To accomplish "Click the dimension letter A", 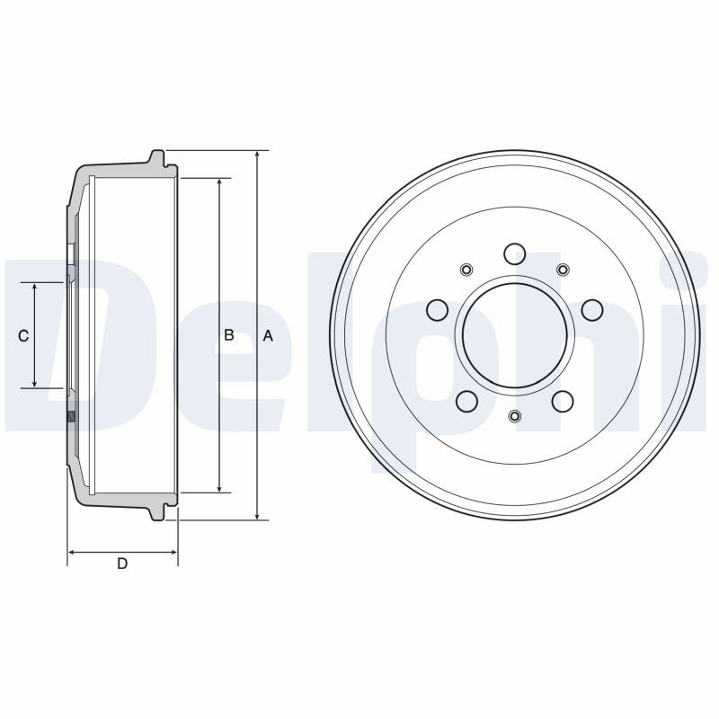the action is coord(268,336).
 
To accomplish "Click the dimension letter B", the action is coord(229,335).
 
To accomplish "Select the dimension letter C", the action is coord(23,336).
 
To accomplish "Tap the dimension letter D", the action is coord(122,564).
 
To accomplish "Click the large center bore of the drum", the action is coord(515,335).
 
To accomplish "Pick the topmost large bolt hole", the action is coord(514,254).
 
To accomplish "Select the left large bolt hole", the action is coord(437,310).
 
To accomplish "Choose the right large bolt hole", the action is coord(592,310).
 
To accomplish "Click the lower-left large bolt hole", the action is coord(467,401).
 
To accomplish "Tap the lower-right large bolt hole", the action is coord(563,401).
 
